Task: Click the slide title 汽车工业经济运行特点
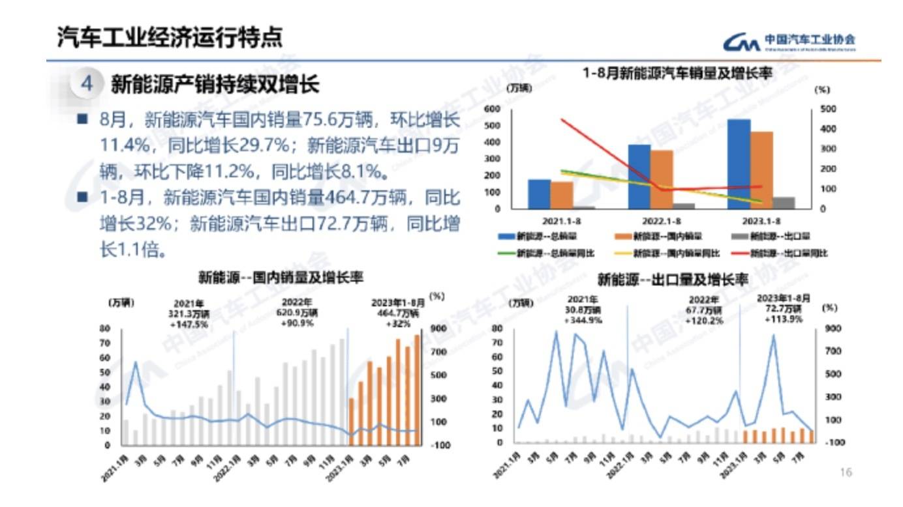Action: [x=170, y=36]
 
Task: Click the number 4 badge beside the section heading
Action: [x=86, y=84]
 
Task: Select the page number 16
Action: [x=846, y=472]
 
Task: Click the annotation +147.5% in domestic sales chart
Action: [x=191, y=324]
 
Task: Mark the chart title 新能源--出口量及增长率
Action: [x=672, y=281]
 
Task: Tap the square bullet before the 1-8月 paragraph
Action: [x=82, y=196]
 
